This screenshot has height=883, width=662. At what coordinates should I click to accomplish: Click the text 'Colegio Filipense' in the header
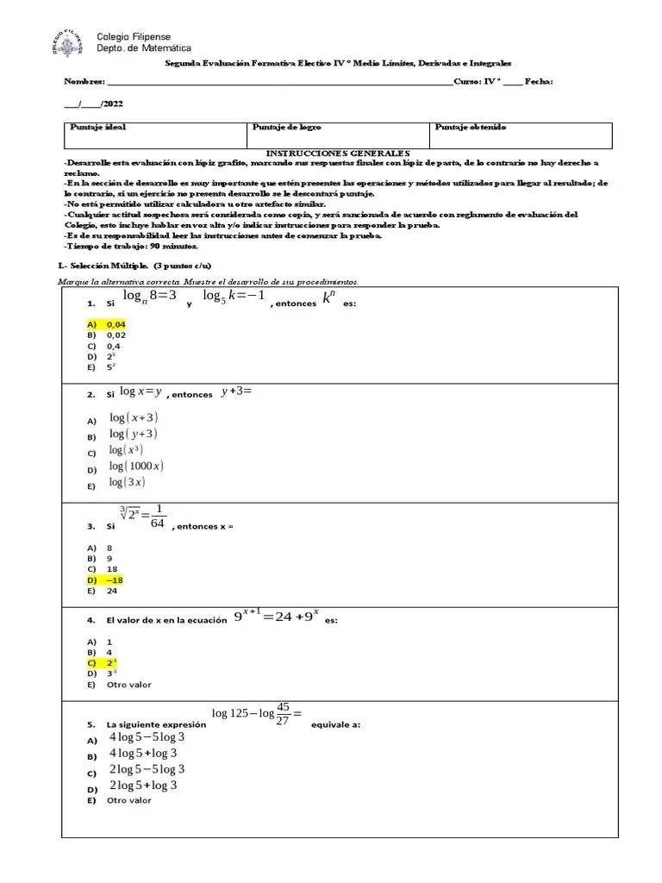[134, 38]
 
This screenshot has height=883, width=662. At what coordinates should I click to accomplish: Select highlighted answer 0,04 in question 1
[116, 324]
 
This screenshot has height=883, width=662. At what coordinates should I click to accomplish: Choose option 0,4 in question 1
[114, 345]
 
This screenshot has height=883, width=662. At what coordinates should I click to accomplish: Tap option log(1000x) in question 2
[136, 467]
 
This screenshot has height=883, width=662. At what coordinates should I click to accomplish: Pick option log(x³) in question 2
[126, 450]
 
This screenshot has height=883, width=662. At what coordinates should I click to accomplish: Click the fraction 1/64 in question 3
[157, 518]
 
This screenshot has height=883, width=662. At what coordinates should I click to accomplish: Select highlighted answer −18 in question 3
[115, 579]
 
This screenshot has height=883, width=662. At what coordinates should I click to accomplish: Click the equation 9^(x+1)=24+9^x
[276, 617]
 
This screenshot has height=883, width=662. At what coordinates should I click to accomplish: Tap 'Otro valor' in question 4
[128, 685]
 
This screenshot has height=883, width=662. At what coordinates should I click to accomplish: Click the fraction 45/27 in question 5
[284, 712]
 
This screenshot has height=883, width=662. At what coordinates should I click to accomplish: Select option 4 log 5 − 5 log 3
[147, 737]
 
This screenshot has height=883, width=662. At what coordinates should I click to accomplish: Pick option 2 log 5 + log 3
[143, 786]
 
